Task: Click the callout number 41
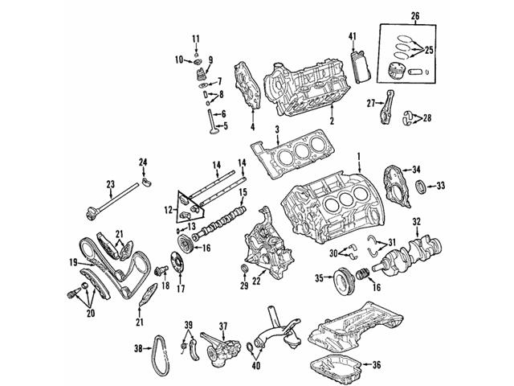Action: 352,37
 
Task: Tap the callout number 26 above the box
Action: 414,15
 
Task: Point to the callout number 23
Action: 111,183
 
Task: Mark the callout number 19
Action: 72,262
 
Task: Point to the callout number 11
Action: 195,39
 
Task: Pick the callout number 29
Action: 243,285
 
